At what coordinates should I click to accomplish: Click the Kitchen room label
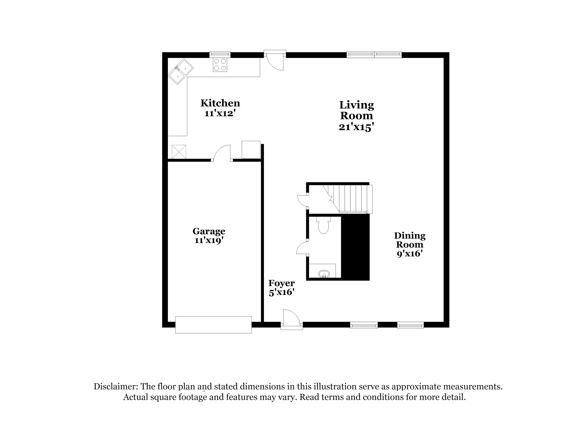[220, 103]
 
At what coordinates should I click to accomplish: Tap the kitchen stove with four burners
[220, 65]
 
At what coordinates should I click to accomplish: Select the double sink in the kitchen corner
[181, 71]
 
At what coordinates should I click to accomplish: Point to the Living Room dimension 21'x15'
[355, 127]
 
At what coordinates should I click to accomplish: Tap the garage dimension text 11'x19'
[209, 240]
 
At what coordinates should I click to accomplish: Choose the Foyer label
[281, 283]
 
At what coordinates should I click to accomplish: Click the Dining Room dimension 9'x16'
[409, 253]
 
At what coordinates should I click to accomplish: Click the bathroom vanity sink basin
[324, 274]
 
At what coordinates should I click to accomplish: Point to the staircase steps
[354, 198]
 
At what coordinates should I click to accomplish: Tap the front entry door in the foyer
[291, 319]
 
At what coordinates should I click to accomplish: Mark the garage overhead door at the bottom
[213, 325]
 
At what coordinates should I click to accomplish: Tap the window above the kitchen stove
[220, 54]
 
